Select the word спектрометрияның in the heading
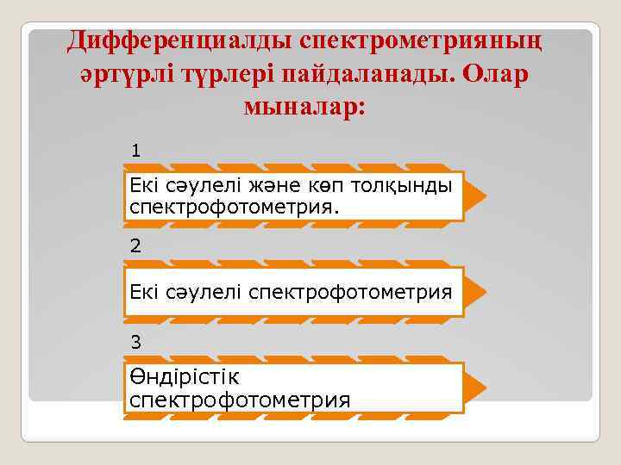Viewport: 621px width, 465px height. (x=426, y=40)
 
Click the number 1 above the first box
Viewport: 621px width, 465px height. (x=135, y=151)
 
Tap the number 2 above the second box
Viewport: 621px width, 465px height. (x=135, y=246)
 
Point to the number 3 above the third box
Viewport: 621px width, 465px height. (x=135, y=342)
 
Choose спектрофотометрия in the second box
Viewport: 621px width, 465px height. (x=350, y=293)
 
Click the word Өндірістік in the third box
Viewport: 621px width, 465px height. (x=184, y=377)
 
